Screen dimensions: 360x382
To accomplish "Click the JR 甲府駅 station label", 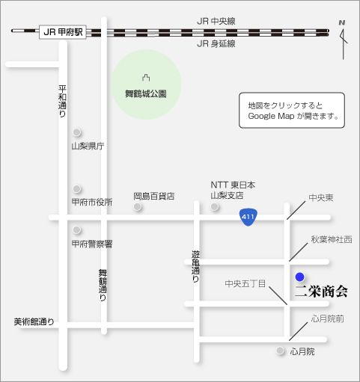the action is pos(62,31).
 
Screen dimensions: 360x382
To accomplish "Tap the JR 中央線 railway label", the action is pos(216,21).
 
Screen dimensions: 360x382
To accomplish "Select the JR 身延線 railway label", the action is pos(216,44).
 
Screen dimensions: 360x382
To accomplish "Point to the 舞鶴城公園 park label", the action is pos(145,93).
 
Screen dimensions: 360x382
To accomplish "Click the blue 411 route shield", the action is pos(248,217).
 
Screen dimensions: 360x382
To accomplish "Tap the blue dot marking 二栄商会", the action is pos(300,276).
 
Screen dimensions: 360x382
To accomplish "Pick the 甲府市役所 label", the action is pos(92,202).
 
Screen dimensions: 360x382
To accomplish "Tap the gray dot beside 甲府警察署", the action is pos(76,230).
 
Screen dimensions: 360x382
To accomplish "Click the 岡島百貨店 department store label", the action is pos(153,196).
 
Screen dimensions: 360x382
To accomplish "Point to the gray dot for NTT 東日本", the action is pos(215,206).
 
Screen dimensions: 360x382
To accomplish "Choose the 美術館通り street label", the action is pos(34,322).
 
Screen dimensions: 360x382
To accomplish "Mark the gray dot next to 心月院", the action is pos(281,351).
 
